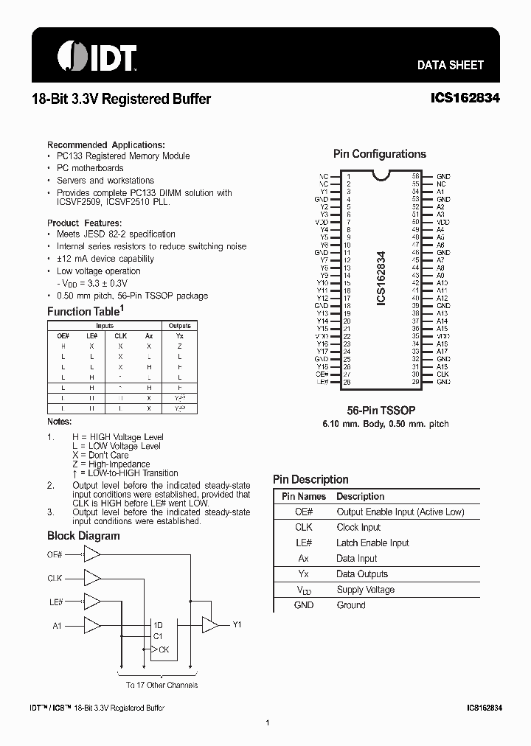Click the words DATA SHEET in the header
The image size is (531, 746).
(450, 65)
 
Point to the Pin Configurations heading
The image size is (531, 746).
(379, 154)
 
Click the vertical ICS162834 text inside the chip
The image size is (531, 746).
(381, 279)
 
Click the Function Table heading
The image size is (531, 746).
(85, 312)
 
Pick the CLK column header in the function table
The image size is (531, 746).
(120, 335)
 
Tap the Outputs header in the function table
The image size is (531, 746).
(179, 325)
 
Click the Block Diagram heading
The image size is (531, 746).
(83, 536)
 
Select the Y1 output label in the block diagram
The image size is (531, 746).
(237, 624)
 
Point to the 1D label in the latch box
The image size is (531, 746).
(159, 625)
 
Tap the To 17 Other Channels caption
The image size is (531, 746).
(162, 685)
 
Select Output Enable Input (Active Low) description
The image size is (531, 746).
(400, 512)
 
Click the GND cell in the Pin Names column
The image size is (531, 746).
(303, 604)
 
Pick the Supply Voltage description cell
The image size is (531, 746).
(365, 589)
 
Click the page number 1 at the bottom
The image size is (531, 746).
(266, 723)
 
